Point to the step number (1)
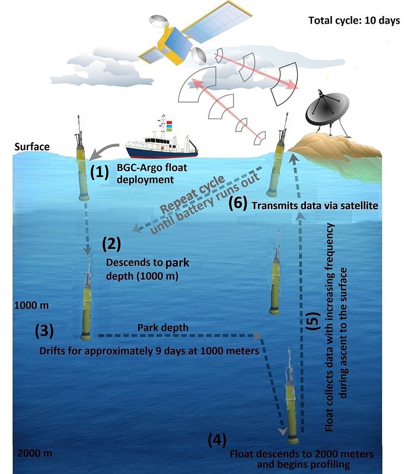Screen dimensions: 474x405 [x=99, y=172]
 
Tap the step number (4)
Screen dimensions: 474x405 [x=216, y=440]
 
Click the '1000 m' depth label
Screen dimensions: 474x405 [x=29, y=306]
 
